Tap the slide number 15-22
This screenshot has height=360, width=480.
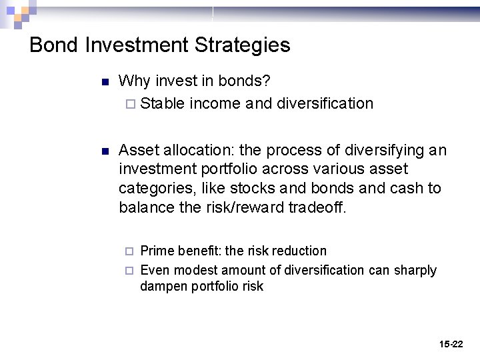click(x=451, y=344)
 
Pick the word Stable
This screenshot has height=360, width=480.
click(x=163, y=103)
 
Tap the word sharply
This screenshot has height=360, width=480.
click(x=414, y=270)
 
